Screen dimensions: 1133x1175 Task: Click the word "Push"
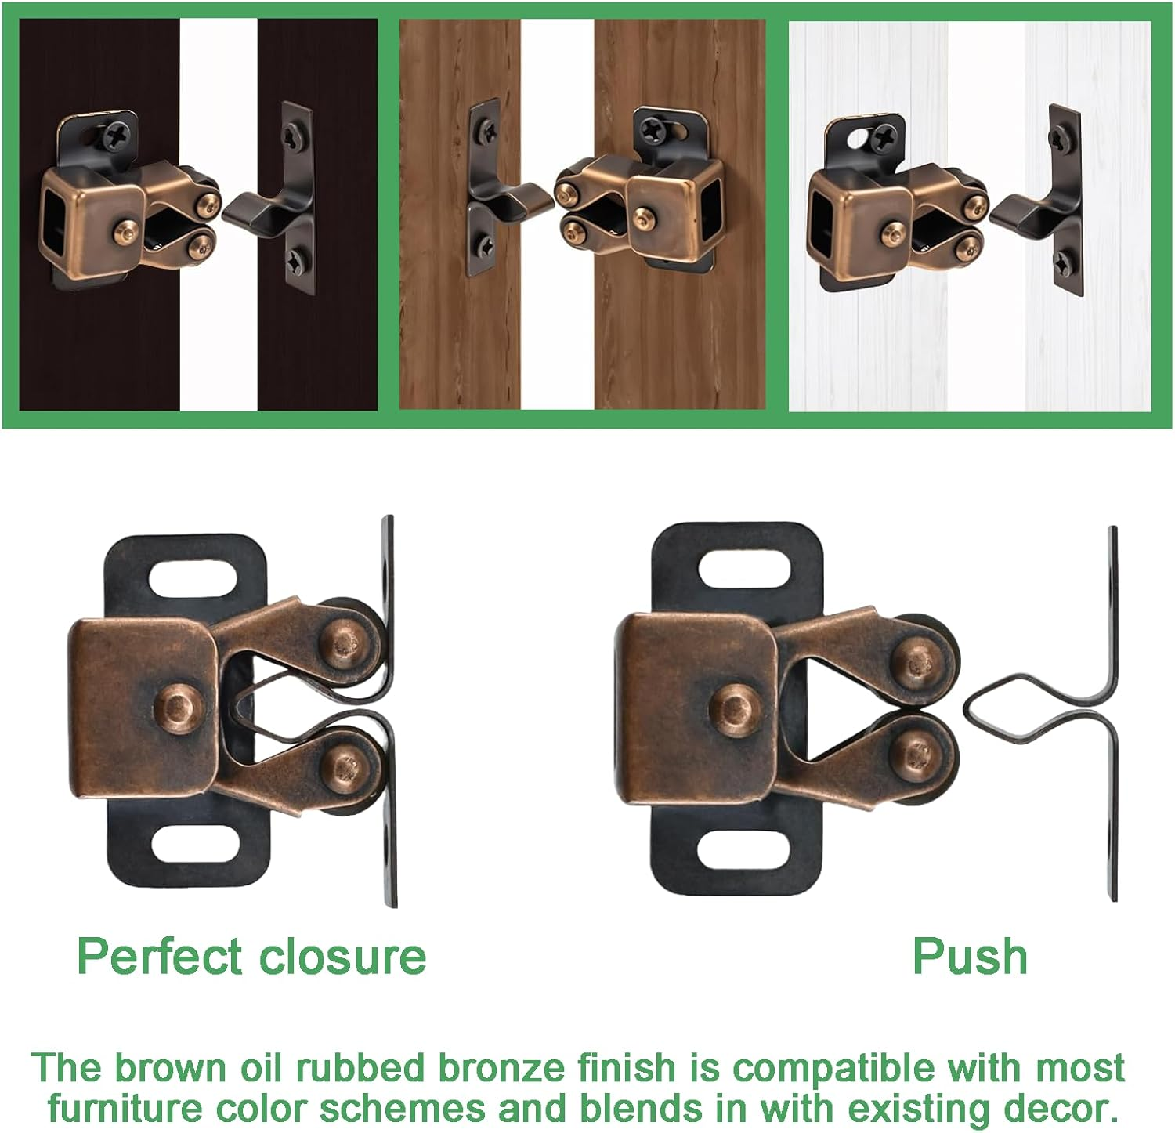click(x=970, y=957)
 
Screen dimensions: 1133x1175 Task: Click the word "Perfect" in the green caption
click(x=160, y=957)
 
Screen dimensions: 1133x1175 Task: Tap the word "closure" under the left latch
click(x=342, y=957)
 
